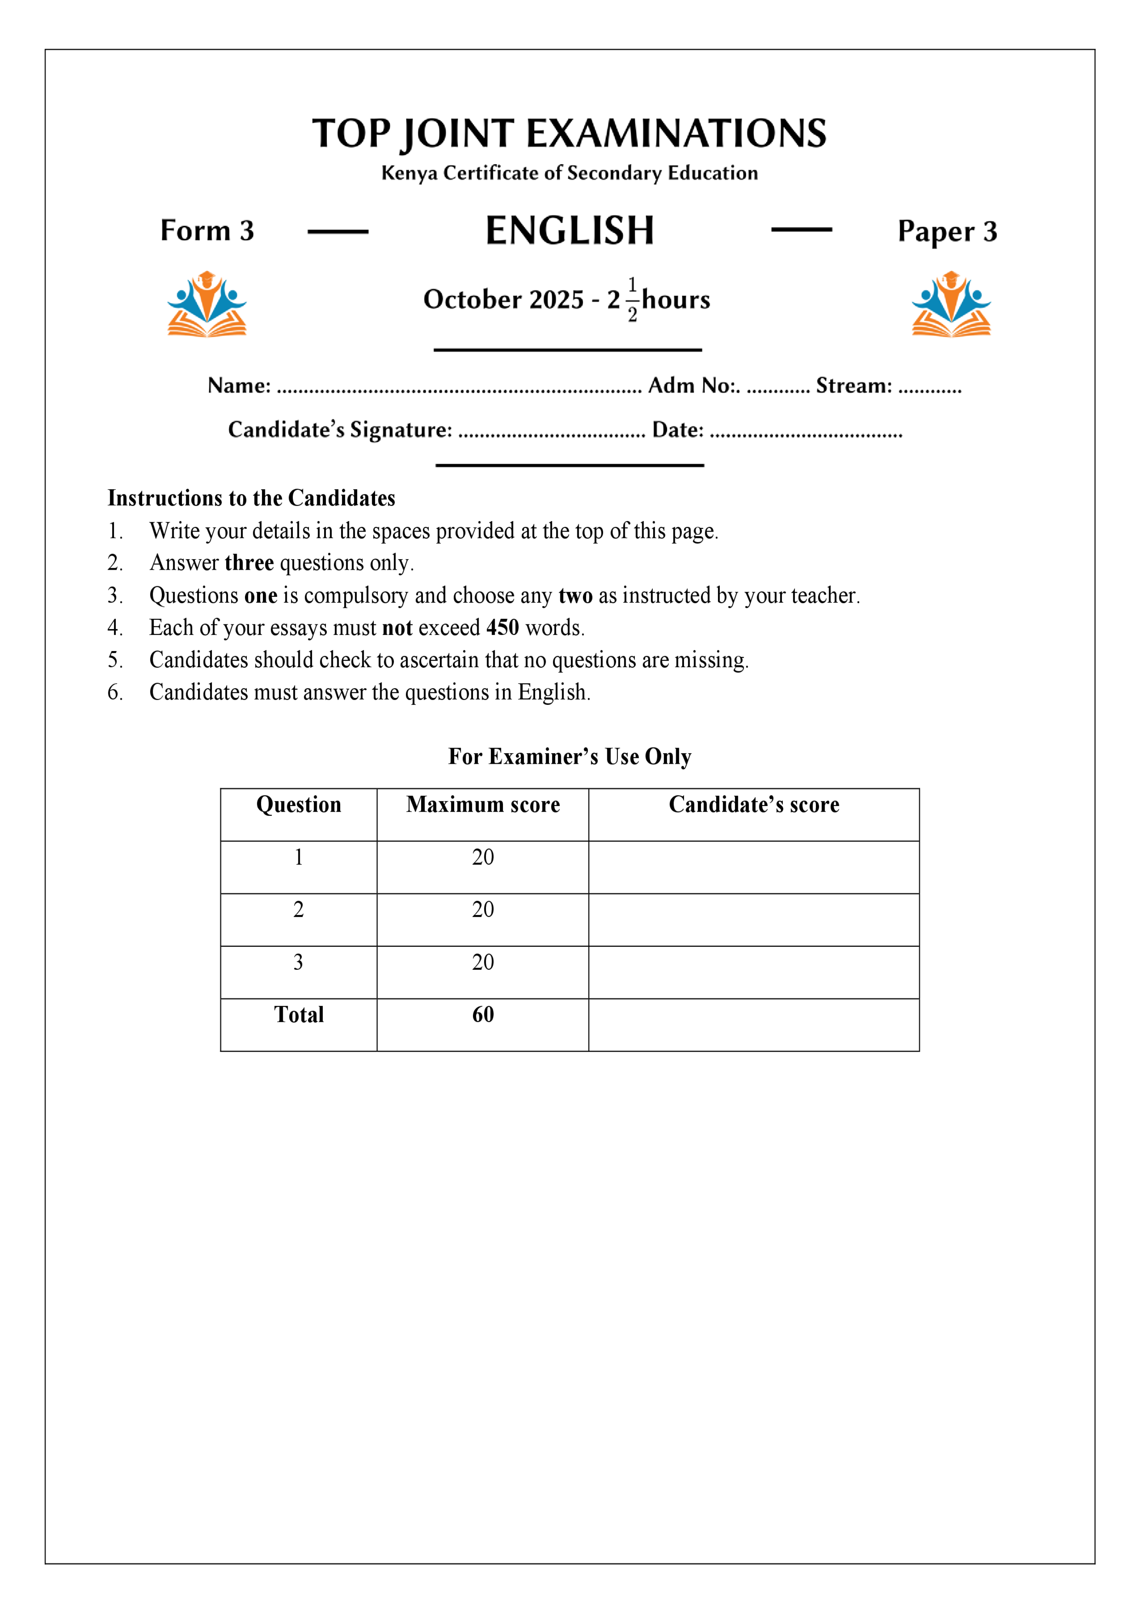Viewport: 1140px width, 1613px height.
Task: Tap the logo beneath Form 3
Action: [x=206, y=304]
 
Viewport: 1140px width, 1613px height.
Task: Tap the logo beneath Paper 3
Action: [x=951, y=304]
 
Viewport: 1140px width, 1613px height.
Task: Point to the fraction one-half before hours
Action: [x=632, y=300]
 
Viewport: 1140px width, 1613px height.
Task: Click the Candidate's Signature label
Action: [x=340, y=429]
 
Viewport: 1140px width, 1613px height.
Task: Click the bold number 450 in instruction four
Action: [x=502, y=627]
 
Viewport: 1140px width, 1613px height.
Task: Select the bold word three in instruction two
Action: [x=249, y=563]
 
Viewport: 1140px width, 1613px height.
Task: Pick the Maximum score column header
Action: [x=483, y=804]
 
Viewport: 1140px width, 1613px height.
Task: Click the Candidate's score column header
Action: [x=754, y=804]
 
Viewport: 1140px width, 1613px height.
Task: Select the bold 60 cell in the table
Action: [x=483, y=1014]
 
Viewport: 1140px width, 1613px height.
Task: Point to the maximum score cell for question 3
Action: [x=483, y=962]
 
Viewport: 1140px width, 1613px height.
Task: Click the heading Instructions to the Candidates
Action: [x=251, y=498]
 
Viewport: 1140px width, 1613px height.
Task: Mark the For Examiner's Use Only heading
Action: [x=570, y=757]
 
